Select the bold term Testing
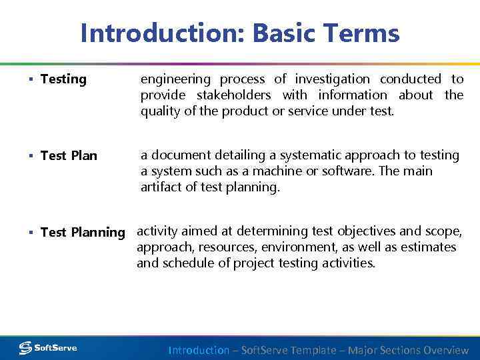click(63, 79)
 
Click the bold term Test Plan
click(69, 156)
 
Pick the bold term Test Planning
click(83, 233)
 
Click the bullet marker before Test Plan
click(31, 156)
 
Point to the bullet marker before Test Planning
click(31, 233)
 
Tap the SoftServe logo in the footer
click(48, 347)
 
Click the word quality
click(161, 111)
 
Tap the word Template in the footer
click(313, 350)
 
